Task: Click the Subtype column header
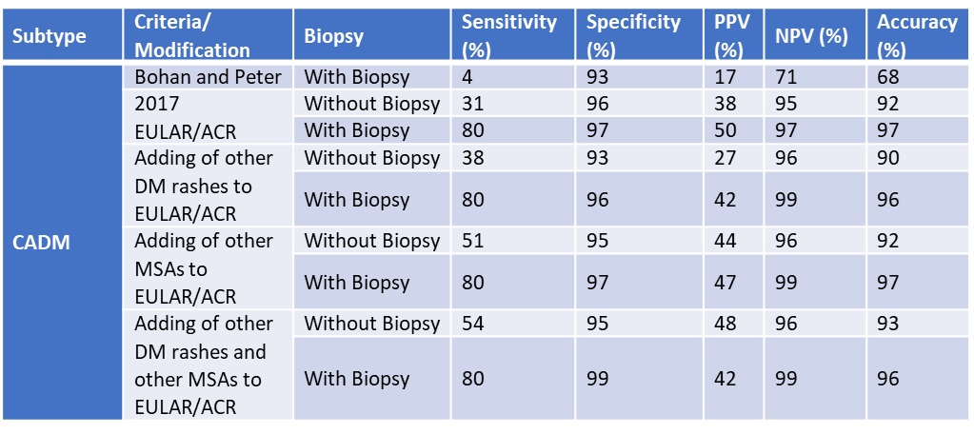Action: (x=50, y=36)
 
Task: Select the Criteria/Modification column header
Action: (x=192, y=36)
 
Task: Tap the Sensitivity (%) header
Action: (x=508, y=36)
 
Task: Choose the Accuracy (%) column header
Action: (x=917, y=36)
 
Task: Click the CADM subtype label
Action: (x=42, y=242)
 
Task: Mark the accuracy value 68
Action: (x=887, y=76)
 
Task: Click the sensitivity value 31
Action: (x=472, y=103)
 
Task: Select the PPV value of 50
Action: (x=726, y=130)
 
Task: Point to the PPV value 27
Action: (x=726, y=158)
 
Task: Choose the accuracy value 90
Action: (x=887, y=158)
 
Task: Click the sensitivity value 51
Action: (x=472, y=240)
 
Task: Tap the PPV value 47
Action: (x=726, y=283)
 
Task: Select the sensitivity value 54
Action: (x=472, y=324)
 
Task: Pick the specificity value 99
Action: (x=599, y=379)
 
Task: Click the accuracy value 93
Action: (x=887, y=324)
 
